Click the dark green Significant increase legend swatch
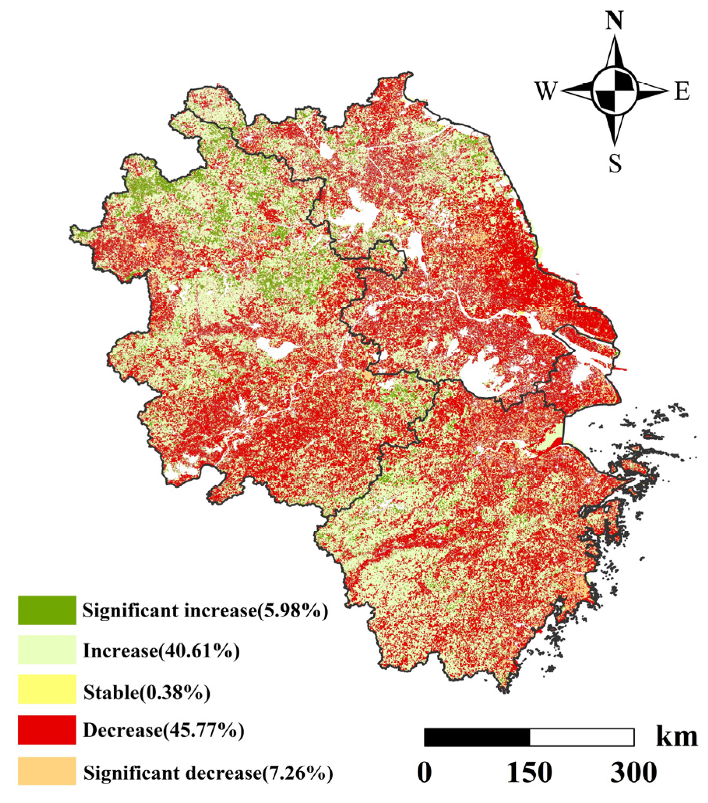(x=47, y=610)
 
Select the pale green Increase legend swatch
(x=47, y=650)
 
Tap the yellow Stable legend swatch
(x=47, y=689)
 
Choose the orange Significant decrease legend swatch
(x=47, y=770)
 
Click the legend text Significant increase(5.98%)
(x=205, y=611)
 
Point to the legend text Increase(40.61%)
(x=161, y=651)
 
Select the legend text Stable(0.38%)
(x=146, y=691)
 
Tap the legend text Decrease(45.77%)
(x=163, y=730)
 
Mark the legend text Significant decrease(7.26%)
(x=208, y=772)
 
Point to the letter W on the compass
(x=545, y=91)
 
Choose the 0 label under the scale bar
(x=424, y=772)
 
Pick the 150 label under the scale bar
(x=529, y=772)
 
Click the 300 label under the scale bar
(x=633, y=772)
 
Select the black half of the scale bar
(x=477, y=737)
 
